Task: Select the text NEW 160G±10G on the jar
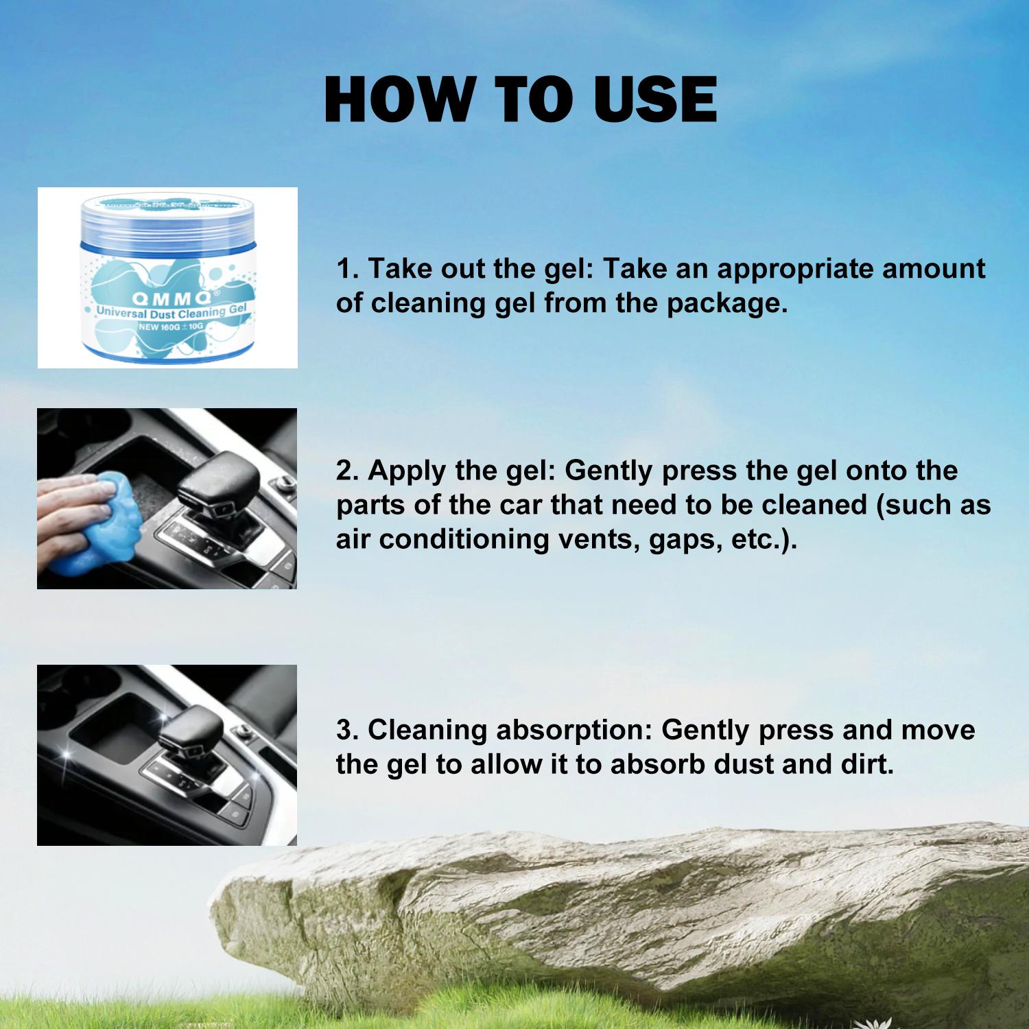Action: coord(171,327)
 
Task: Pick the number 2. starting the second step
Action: coord(348,471)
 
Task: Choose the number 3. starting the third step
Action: coord(348,730)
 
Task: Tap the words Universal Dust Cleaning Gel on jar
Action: coord(171,312)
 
